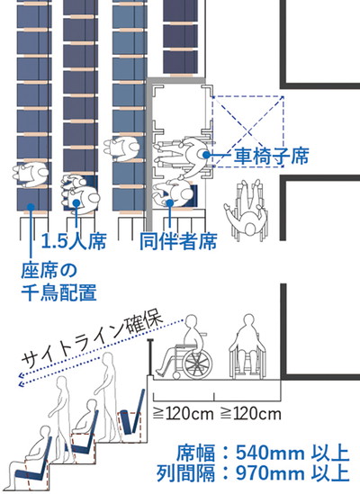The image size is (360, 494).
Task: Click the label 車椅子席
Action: [271, 156]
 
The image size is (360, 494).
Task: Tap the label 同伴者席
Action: [178, 242]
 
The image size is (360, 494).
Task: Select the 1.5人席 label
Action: [74, 241]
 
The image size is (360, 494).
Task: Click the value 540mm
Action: [270, 454]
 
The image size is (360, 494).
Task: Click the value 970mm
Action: [270, 473]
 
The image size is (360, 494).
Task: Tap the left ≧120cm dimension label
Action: [184, 414]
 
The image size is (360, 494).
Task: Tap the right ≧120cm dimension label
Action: [250, 414]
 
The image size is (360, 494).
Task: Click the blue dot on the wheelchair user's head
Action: [206, 155]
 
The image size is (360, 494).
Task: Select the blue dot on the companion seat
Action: [170, 203]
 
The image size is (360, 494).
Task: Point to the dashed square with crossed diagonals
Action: [248, 131]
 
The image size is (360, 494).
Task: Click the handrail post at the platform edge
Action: [150, 357]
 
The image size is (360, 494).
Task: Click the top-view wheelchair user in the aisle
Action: [246, 210]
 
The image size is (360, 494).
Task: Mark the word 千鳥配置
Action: [58, 292]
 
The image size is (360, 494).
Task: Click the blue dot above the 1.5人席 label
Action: [76, 203]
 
